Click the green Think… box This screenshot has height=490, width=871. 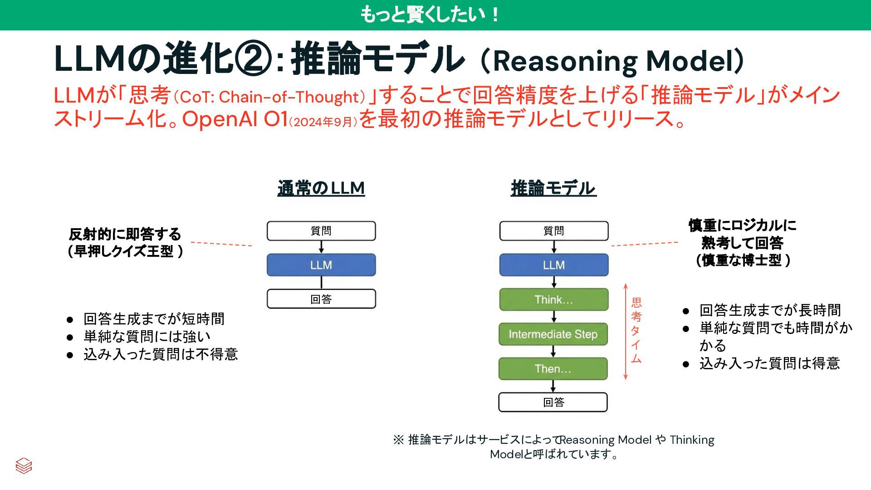coord(553,299)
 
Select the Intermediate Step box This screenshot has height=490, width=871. coord(553,334)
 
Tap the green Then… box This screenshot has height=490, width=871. coord(553,369)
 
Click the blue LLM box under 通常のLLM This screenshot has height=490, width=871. coord(321,265)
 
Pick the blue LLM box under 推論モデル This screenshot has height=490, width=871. coord(554,265)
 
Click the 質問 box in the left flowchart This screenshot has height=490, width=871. coord(321,231)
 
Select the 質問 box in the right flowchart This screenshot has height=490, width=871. coord(554,231)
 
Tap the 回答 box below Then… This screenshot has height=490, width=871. coord(553,402)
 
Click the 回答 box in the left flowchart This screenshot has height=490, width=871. coord(321,299)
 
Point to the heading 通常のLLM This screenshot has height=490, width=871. coord(321,188)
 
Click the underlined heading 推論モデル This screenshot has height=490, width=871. coord(553,188)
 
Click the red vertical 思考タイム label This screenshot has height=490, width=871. coord(636,331)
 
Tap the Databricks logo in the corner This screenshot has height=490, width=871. coord(24,466)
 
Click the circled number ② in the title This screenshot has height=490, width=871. coord(254,59)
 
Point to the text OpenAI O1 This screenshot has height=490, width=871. coord(235,119)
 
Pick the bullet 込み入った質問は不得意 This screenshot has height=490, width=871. coord(161,354)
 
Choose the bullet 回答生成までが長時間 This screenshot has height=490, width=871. coord(770,310)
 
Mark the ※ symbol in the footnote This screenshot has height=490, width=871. coord(398,440)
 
